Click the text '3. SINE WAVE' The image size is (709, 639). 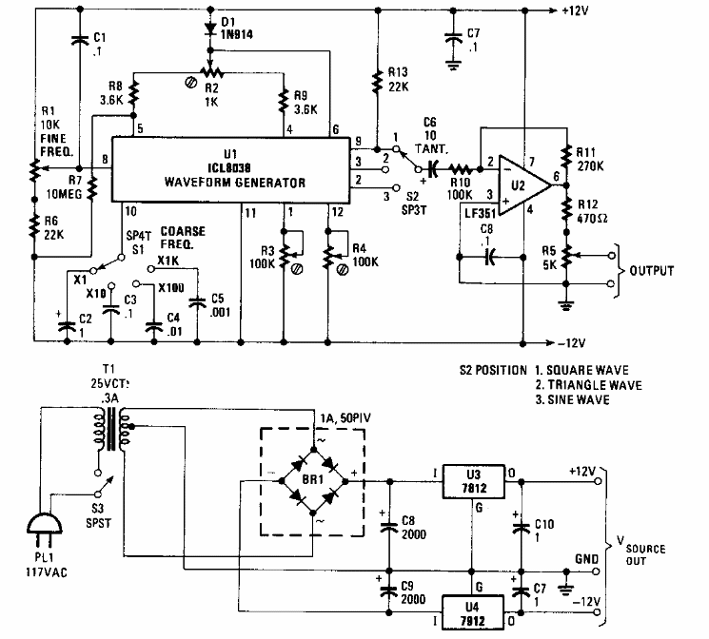(572, 401)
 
